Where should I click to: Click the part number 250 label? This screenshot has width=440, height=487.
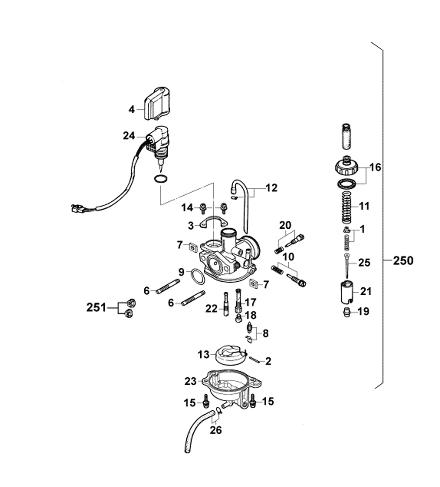(403, 260)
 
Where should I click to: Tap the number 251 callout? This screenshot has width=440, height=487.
(96, 308)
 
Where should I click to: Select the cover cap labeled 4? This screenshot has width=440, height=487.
(158, 104)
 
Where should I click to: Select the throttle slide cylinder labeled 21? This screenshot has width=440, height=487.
(348, 292)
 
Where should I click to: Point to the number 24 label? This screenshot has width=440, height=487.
(129, 136)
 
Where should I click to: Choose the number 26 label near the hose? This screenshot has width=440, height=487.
(216, 430)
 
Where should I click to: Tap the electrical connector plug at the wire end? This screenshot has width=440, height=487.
(78, 209)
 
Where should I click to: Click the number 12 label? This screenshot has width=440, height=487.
(271, 188)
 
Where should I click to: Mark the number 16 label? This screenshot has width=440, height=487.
(375, 167)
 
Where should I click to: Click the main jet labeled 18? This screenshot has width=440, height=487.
(238, 318)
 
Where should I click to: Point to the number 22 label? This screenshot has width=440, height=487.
(212, 309)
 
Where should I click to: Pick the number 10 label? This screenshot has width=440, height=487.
(288, 257)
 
